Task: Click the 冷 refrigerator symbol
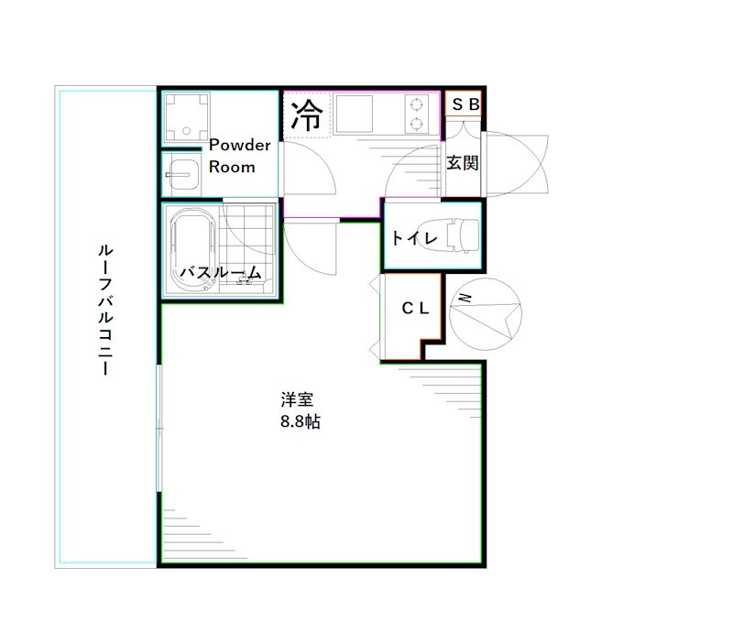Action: (x=307, y=115)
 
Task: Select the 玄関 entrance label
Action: (x=463, y=163)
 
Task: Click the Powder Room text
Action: (x=238, y=156)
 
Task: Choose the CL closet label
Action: (x=415, y=309)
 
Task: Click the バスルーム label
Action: (x=220, y=272)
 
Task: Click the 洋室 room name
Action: (x=298, y=399)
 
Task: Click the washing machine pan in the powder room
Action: (x=185, y=116)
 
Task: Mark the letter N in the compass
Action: (x=465, y=299)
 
